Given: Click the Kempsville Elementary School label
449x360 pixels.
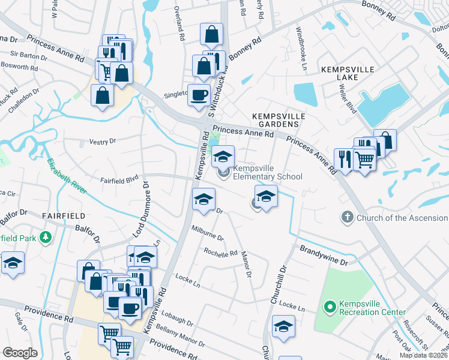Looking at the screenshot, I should [267, 173].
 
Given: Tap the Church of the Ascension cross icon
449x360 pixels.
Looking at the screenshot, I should [347, 217].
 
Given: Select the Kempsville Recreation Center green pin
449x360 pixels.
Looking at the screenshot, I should [329, 308].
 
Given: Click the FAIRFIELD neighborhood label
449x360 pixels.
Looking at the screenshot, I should [63, 214].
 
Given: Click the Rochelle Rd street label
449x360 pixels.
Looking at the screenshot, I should [220, 253].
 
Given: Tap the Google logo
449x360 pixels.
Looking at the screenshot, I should [20, 352].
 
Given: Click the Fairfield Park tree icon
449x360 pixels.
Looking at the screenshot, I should [45, 238].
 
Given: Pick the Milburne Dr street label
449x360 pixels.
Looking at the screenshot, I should [207, 233].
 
